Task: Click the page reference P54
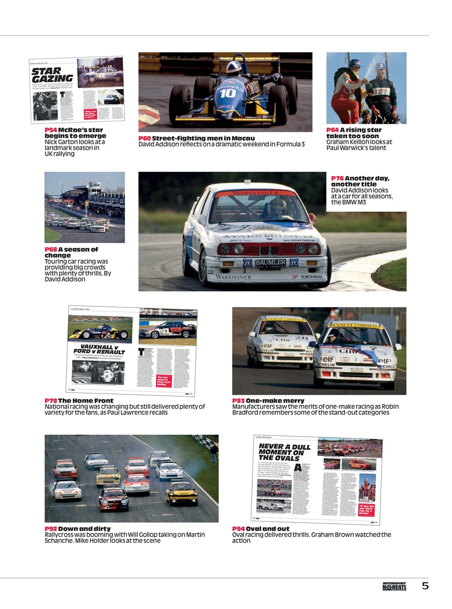[x=50, y=130]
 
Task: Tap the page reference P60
[x=144, y=138]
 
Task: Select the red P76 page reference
[x=337, y=178]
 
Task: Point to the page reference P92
[x=50, y=529]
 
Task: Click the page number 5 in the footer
[x=425, y=586]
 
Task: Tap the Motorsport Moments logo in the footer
[x=394, y=586]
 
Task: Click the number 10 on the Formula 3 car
[x=227, y=93]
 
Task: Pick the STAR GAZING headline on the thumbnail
[x=52, y=75]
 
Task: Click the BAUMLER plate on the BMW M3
[x=270, y=263]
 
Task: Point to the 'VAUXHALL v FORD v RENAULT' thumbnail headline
[x=99, y=349]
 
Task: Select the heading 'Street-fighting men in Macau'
[x=203, y=138]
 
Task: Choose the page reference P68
[x=50, y=249]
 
